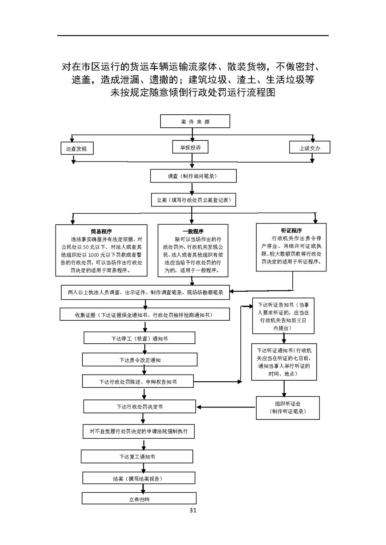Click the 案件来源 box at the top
pos(195,121)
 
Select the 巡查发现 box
pos(77,148)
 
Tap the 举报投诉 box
pos(190,147)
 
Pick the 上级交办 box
pos(309,147)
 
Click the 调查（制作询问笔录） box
pos(193,176)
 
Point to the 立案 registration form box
pos(194,200)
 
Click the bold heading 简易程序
pos(101,231)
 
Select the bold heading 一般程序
pos(193,231)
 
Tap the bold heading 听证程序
pos(291,230)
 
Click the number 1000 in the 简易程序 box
pos(94,255)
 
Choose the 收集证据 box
pos(145,314)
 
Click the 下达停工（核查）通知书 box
pos(139,338)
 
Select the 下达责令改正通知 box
pos(139,360)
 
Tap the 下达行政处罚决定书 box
pos(139,406)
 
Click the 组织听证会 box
pos(288,408)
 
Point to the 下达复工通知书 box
pos(137,456)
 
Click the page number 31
pos(193,510)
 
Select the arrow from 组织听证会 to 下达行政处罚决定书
pos(226,407)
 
